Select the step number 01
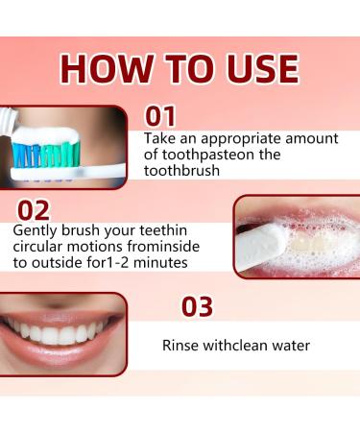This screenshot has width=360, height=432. (160, 117)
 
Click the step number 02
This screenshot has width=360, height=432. (32, 210)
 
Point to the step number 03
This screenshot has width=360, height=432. (198, 307)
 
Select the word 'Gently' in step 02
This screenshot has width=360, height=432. (35, 231)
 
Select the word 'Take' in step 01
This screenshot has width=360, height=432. (159, 139)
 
